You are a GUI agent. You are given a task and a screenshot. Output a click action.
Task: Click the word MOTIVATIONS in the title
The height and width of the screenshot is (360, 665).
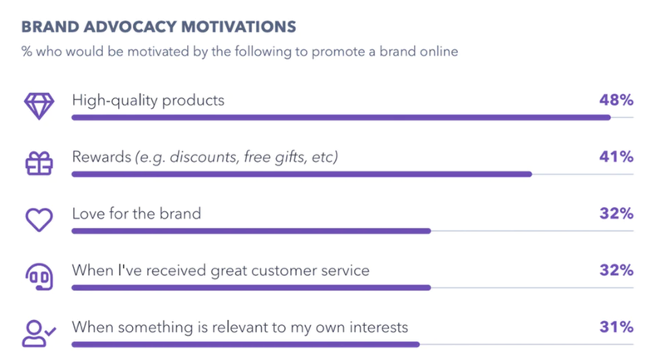pos(239,27)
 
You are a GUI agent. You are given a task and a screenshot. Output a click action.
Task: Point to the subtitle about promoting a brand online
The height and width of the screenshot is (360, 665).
pos(239,52)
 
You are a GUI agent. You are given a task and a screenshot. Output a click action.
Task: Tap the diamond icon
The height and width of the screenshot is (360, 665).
pos(39,106)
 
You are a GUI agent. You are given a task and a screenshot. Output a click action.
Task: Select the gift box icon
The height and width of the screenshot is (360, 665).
pos(39,163)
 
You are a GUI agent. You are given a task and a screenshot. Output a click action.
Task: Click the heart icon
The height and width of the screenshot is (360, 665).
pos(39,219)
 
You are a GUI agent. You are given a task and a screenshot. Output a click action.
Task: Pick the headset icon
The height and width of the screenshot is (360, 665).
pos(39,277)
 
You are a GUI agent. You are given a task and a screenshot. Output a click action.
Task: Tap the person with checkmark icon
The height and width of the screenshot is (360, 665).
pos(39,333)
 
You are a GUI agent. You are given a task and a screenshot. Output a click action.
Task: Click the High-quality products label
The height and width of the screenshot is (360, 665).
pos(148,101)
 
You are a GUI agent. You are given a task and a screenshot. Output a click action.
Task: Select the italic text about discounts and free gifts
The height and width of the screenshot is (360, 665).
pos(237,157)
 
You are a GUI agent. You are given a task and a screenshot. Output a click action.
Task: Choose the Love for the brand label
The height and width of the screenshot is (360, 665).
pos(136,214)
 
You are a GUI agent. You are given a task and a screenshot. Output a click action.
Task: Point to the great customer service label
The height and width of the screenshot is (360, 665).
pos(220,270)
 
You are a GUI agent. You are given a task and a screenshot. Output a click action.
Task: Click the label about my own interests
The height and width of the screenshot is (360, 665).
pos(240,328)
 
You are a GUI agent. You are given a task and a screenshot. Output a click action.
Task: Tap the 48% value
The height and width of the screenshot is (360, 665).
pos(616,100)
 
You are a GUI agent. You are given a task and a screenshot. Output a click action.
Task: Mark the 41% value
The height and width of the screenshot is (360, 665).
pos(616,157)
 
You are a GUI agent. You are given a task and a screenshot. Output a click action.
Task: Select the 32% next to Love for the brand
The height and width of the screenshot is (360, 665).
pos(616,214)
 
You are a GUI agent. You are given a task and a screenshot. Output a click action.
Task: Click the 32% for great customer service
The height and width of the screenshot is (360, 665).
pos(616,270)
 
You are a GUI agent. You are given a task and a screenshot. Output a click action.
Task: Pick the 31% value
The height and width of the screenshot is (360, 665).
pos(616,327)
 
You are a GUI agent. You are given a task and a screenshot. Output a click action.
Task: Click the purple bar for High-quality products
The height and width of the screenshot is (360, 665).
pos(341,117)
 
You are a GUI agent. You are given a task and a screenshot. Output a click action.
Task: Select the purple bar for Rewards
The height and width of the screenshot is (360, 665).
pos(302,175)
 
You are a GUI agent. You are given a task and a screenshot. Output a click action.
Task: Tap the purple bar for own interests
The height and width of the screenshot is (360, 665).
pos(245,345)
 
